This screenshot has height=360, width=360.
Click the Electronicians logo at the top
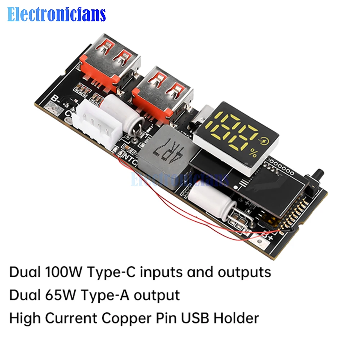[57, 14]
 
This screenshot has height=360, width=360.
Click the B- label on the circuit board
[55, 98]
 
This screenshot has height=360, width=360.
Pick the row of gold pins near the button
[295, 216]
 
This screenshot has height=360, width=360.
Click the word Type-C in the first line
[108, 273]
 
